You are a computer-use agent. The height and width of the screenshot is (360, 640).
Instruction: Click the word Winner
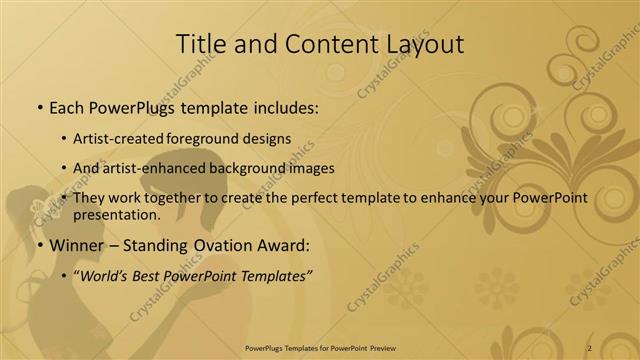(x=77, y=244)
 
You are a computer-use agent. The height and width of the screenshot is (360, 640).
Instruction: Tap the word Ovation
(x=216, y=244)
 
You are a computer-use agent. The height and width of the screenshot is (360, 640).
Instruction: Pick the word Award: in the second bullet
(x=283, y=244)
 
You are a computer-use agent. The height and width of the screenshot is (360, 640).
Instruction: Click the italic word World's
(x=109, y=275)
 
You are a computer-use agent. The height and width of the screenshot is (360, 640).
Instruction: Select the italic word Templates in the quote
(x=273, y=275)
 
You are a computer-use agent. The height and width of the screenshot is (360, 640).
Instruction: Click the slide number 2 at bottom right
(x=590, y=347)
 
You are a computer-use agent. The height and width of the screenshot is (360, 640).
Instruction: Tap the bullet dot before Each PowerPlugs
(x=39, y=106)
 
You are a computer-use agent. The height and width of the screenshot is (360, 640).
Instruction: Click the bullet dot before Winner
(x=39, y=245)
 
